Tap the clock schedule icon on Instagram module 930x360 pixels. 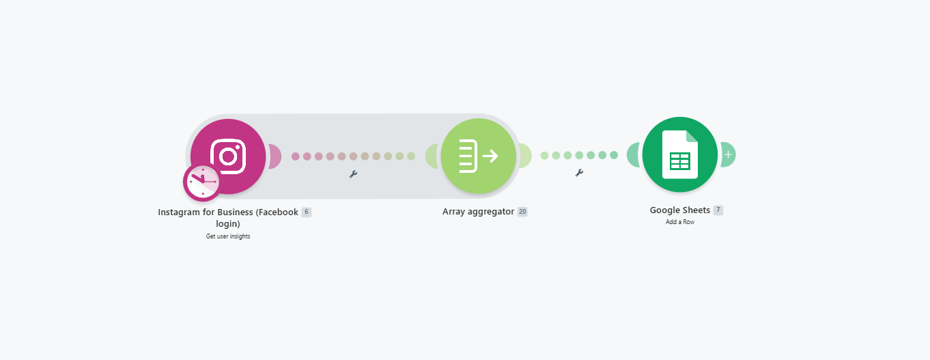(x=203, y=182)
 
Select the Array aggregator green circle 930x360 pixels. (x=478, y=156)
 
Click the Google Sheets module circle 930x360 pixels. (x=680, y=154)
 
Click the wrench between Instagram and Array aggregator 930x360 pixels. (x=353, y=174)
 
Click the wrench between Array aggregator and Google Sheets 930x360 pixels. (x=579, y=172)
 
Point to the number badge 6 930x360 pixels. (x=307, y=212)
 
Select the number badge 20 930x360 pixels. (x=522, y=212)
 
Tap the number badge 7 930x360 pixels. (x=718, y=210)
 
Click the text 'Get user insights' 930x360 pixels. (x=228, y=236)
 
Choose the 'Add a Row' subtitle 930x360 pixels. (x=680, y=222)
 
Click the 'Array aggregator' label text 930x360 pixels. (x=478, y=212)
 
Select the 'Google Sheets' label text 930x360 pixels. (x=680, y=210)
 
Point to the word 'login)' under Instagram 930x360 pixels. (x=228, y=224)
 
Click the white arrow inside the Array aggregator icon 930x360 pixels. (x=490, y=156)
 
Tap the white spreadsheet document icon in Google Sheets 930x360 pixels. (x=680, y=154)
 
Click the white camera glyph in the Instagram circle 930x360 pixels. (x=228, y=156)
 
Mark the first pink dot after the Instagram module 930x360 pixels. (x=295, y=156)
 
